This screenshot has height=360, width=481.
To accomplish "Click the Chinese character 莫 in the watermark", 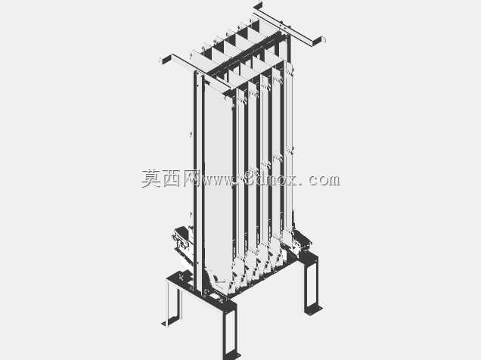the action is (x=151, y=178).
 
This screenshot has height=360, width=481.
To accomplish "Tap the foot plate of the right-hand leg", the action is (x=314, y=310).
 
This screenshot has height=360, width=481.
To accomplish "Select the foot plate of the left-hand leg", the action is (x=166, y=323).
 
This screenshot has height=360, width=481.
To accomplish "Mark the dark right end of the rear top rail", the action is (x=317, y=42).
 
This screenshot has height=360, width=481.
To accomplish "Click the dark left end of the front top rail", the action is (x=167, y=59).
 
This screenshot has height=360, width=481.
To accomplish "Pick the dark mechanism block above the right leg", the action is (x=303, y=241).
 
